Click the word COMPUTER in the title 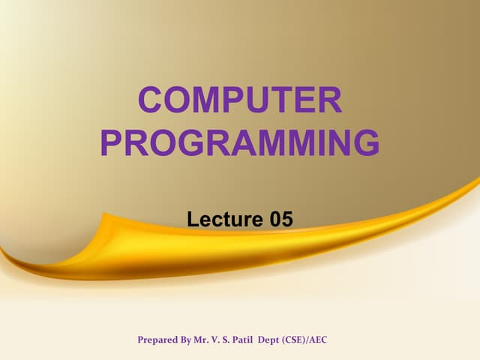tap(240, 102)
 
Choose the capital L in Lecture tap(192, 219)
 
